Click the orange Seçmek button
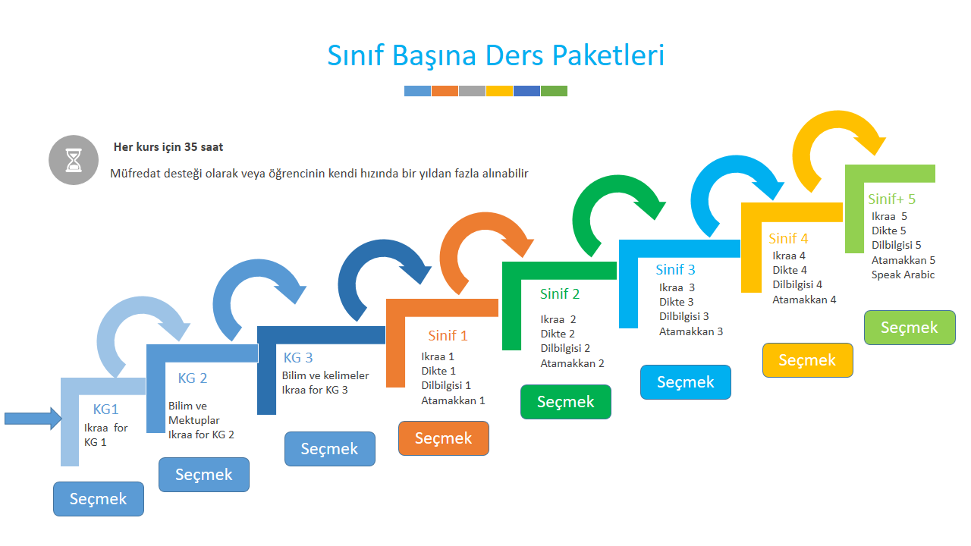click(443, 438)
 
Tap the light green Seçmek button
click(910, 328)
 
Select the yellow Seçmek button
click(807, 360)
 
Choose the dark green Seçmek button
click(565, 402)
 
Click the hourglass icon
click(74, 160)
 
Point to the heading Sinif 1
click(448, 335)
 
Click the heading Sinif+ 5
click(891, 199)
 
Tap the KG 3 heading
click(298, 358)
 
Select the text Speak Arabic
click(903, 275)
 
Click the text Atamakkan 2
click(572, 363)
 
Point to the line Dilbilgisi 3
click(683, 316)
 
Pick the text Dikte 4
click(790, 270)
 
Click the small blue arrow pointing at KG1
click(33, 418)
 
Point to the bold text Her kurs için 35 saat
click(168, 147)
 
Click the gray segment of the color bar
click(472, 91)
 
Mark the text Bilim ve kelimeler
click(325, 375)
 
